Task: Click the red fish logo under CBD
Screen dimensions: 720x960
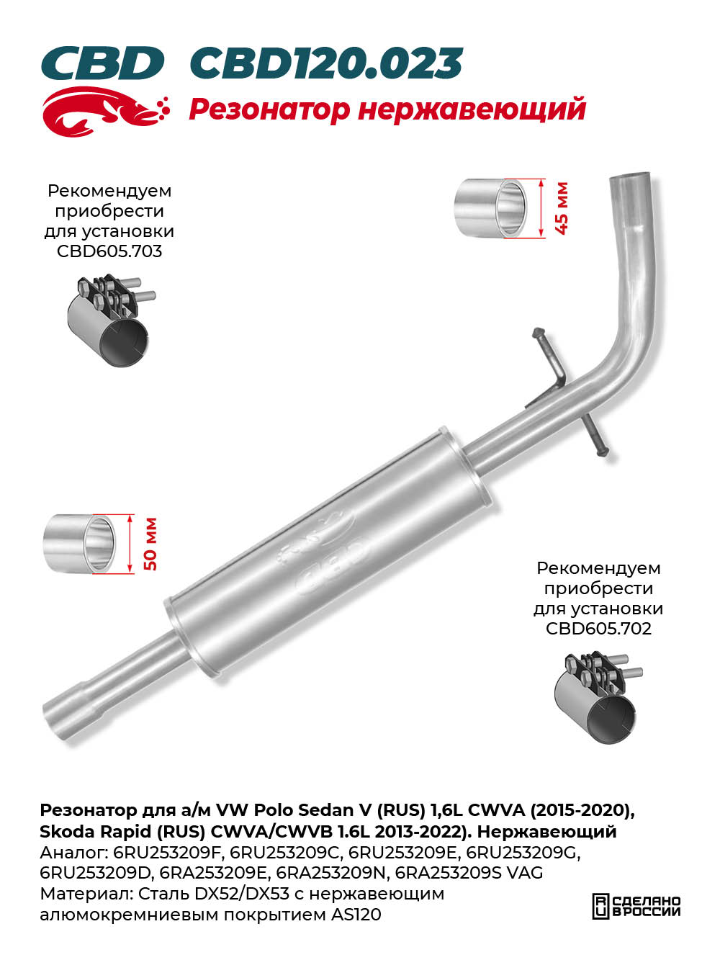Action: [105, 112]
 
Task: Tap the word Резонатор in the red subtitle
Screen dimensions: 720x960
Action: [269, 109]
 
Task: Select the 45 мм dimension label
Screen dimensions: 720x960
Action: [562, 208]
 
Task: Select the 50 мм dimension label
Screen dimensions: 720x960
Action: [150, 544]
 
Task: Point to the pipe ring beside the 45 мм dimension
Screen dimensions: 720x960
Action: [490, 208]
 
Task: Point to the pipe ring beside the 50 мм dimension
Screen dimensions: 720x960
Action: [79, 544]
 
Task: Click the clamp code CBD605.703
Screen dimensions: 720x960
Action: [109, 251]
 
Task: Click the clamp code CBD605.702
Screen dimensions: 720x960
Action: [598, 629]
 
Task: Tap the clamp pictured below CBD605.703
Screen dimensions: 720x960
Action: [110, 321]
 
